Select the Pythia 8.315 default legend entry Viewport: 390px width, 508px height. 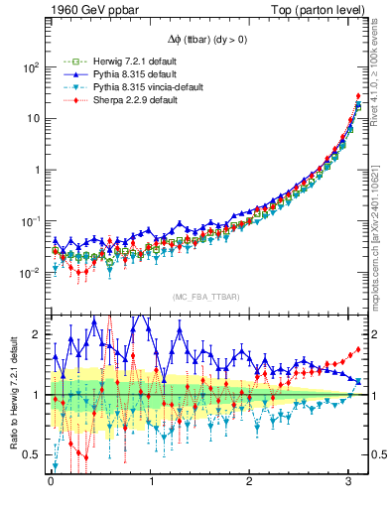click(x=105, y=74)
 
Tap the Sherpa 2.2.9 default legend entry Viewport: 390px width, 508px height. click(x=105, y=100)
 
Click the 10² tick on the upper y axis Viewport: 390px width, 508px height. click(x=31, y=67)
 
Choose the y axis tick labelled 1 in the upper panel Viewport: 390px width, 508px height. click(x=37, y=170)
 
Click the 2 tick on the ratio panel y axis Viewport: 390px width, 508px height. click(x=38, y=335)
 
